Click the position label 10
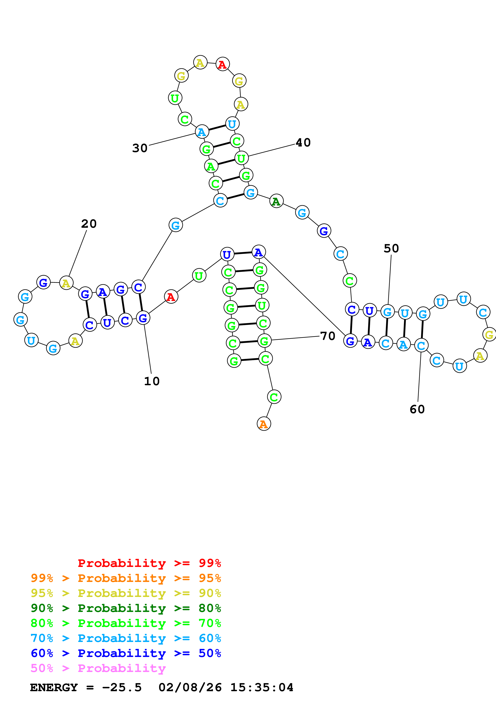[x=152, y=381]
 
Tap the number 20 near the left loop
[x=89, y=224]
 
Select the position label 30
[x=140, y=148]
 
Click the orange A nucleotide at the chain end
[x=264, y=424]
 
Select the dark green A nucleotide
[x=276, y=201]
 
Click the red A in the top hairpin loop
[x=222, y=64]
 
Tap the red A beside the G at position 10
[x=171, y=297]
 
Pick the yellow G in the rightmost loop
[x=489, y=335]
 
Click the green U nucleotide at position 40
[x=241, y=158]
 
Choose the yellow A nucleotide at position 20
[x=66, y=283]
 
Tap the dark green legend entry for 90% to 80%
[x=126, y=608]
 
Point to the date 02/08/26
[x=190, y=688]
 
